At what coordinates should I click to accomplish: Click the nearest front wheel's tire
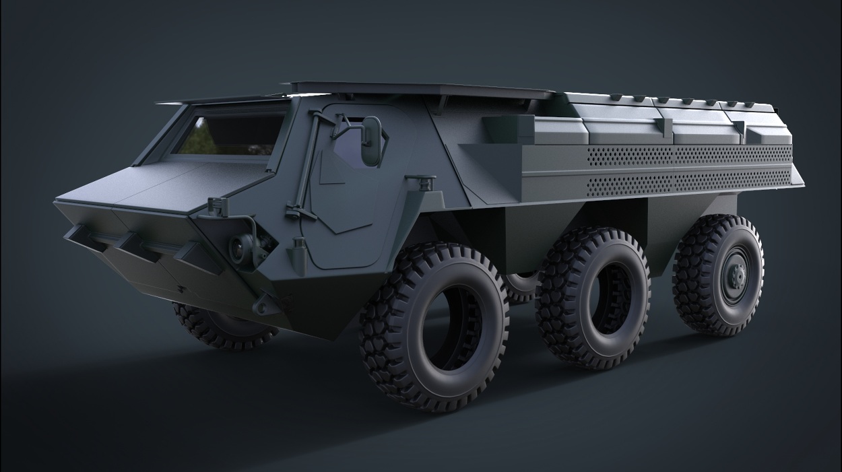[x=435, y=326]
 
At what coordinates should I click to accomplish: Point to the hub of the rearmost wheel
[x=736, y=274]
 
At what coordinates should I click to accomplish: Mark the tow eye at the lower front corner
[x=260, y=306]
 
